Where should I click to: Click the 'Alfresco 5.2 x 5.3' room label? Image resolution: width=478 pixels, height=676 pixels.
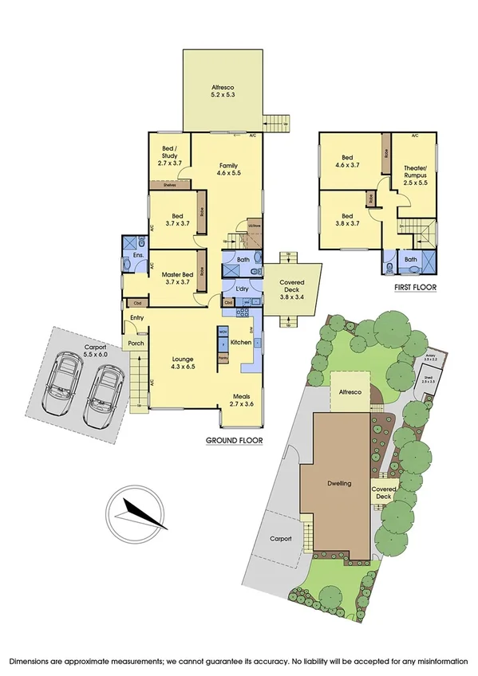pyautogui.click(x=223, y=91)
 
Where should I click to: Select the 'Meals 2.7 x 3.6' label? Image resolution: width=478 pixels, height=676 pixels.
pyautogui.click(x=243, y=400)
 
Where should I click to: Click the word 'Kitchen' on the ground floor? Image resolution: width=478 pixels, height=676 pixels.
pyautogui.click(x=241, y=342)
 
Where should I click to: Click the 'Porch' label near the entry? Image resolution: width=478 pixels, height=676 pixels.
pyautogui.click(x=134, y=344)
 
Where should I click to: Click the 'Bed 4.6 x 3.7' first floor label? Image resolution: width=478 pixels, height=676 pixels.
pyautogui.click(x=348, y=162)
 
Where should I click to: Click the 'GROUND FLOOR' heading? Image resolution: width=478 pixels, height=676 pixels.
pyautogui.click(x=235, y=440)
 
